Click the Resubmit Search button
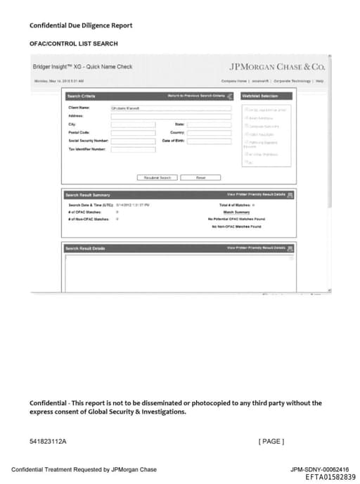point(157,177)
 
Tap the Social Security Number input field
point(133,140)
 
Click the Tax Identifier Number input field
point(133,148)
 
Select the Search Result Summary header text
point(87,194)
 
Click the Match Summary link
point(237,212)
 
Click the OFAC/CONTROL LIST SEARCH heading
point(73,44)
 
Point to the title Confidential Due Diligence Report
point(81,25)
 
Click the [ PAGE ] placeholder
point(271,441)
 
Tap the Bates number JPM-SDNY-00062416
point(319,469)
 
